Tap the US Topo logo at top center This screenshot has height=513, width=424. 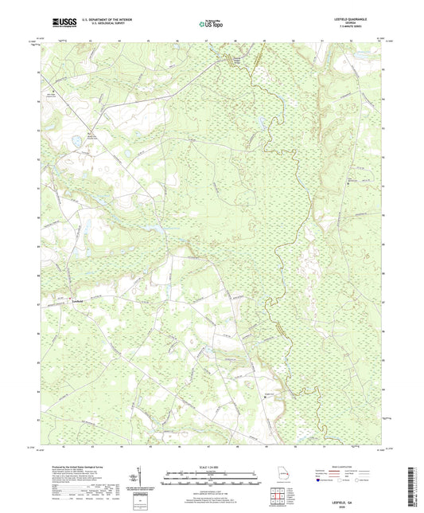click(211, 24)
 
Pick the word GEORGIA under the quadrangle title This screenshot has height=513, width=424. click(358, 23)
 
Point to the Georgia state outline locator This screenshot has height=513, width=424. click(279, 474)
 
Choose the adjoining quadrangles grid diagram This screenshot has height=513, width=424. click(278, 496)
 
